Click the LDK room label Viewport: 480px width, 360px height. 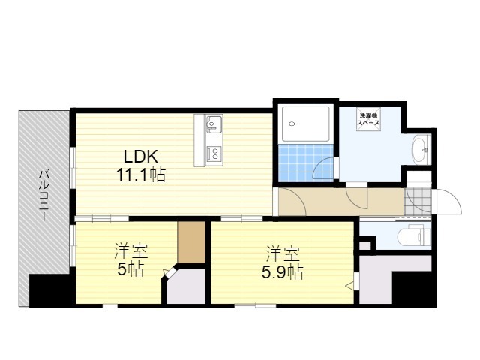[x=141, y=157]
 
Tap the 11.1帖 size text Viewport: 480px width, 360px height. [x=141, y=175]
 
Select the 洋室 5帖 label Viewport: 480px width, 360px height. [x=131, y=259]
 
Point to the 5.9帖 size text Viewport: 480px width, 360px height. [x=282, y=271]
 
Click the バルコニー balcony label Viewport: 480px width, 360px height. [x=44, y=196]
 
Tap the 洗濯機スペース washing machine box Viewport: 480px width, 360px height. [x=368, y=119]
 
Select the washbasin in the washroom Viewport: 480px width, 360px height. [x=421, y=150]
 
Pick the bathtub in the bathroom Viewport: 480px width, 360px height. [x=305, y=124]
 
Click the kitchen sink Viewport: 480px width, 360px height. [x=214, y=124]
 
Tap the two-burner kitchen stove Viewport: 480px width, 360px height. [x=214, y=154]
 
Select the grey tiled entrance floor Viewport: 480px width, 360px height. [x=418, y=201]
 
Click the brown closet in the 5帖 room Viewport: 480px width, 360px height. [x=191, y=241]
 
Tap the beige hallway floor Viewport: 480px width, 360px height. [x=340, y=202]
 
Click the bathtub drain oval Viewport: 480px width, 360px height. [x=292, y=124]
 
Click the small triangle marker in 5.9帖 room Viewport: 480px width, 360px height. [x=349, y=286]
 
